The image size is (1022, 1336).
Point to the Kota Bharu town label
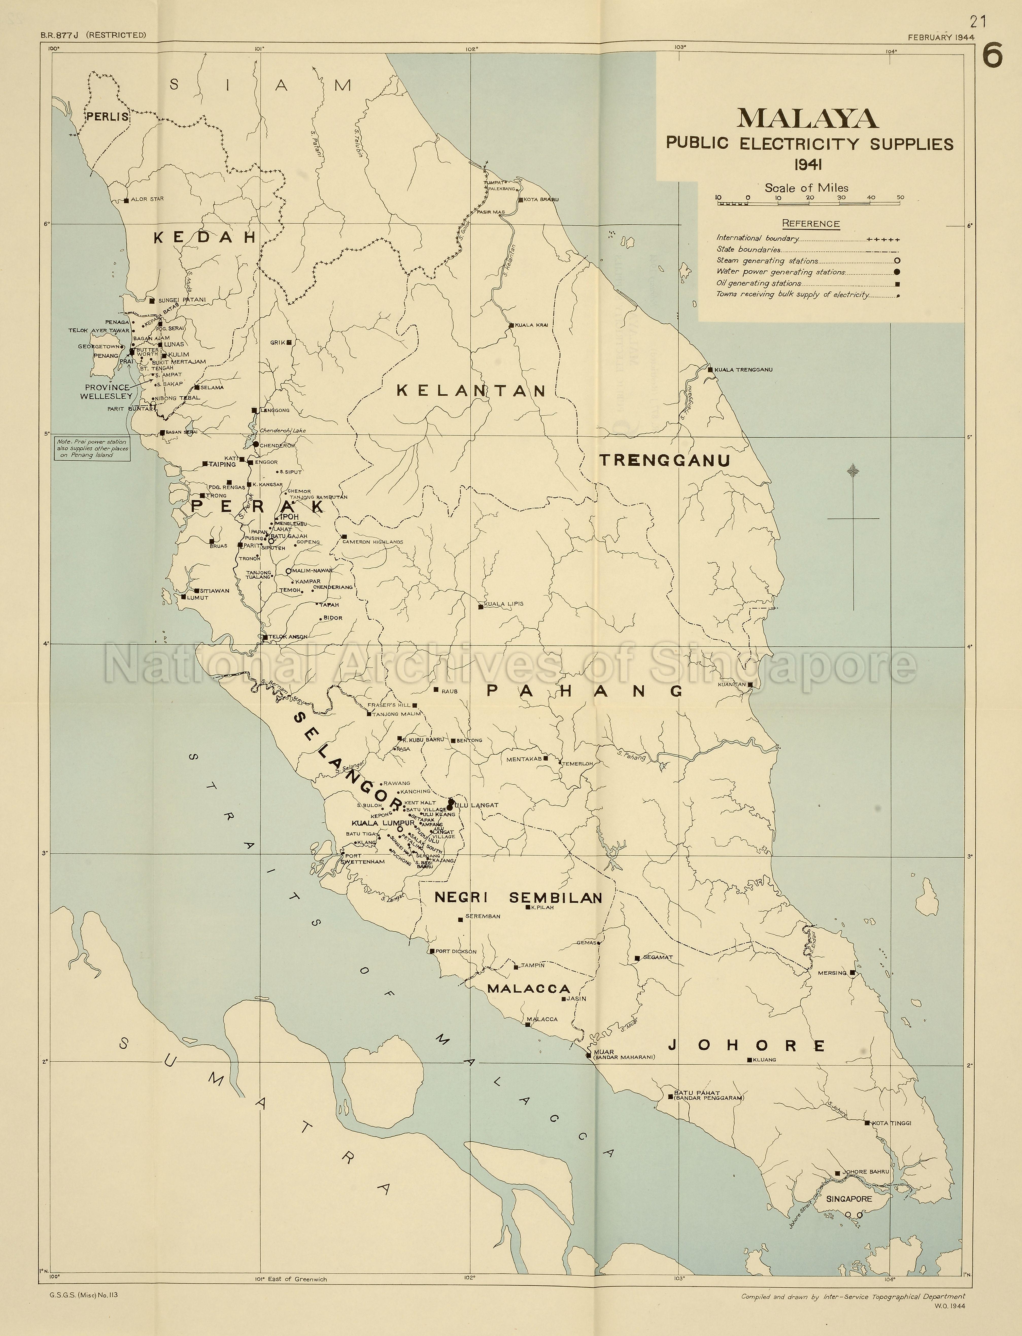(541, 199)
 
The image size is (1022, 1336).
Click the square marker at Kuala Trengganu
(710, 369)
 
